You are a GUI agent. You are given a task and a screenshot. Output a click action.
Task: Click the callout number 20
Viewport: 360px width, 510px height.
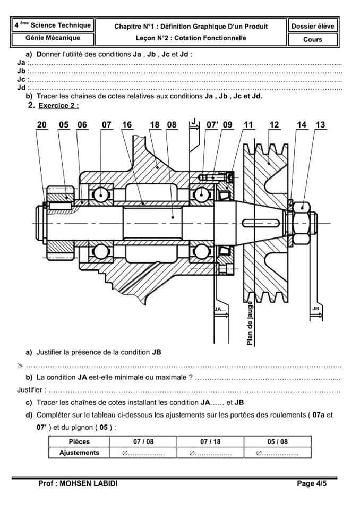(42, 125)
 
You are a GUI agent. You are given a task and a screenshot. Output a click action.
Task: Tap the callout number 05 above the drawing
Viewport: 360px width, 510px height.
(64, 125)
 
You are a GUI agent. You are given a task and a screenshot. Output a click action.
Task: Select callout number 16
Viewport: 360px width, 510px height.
(127, 125)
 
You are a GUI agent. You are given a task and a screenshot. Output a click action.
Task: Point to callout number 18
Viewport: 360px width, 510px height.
(155, 125)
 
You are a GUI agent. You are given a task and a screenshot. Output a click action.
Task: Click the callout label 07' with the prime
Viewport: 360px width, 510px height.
(212, 125)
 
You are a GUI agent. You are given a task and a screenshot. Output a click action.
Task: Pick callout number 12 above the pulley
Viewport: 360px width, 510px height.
(274, 125)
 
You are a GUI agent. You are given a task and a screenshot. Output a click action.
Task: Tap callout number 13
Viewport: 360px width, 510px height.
(320, 125)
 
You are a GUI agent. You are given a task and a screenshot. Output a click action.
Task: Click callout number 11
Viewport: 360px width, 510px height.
(248, 125)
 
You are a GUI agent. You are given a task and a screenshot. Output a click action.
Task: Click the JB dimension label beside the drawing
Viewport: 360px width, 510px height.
(315, 309)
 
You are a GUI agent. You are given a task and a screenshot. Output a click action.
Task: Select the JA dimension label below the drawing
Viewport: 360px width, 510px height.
(219, 309)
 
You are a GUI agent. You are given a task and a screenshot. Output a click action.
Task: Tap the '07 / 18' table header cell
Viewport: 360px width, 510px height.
(211, 441)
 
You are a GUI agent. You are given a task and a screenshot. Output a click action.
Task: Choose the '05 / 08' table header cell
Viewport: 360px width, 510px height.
(277, 441)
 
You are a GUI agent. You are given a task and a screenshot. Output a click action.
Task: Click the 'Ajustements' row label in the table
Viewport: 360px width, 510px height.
(79, 453)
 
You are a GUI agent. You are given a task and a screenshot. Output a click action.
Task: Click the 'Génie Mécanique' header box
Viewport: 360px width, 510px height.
(53, 38)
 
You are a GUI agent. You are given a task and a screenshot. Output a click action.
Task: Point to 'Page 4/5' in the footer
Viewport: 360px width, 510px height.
(313, 484)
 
